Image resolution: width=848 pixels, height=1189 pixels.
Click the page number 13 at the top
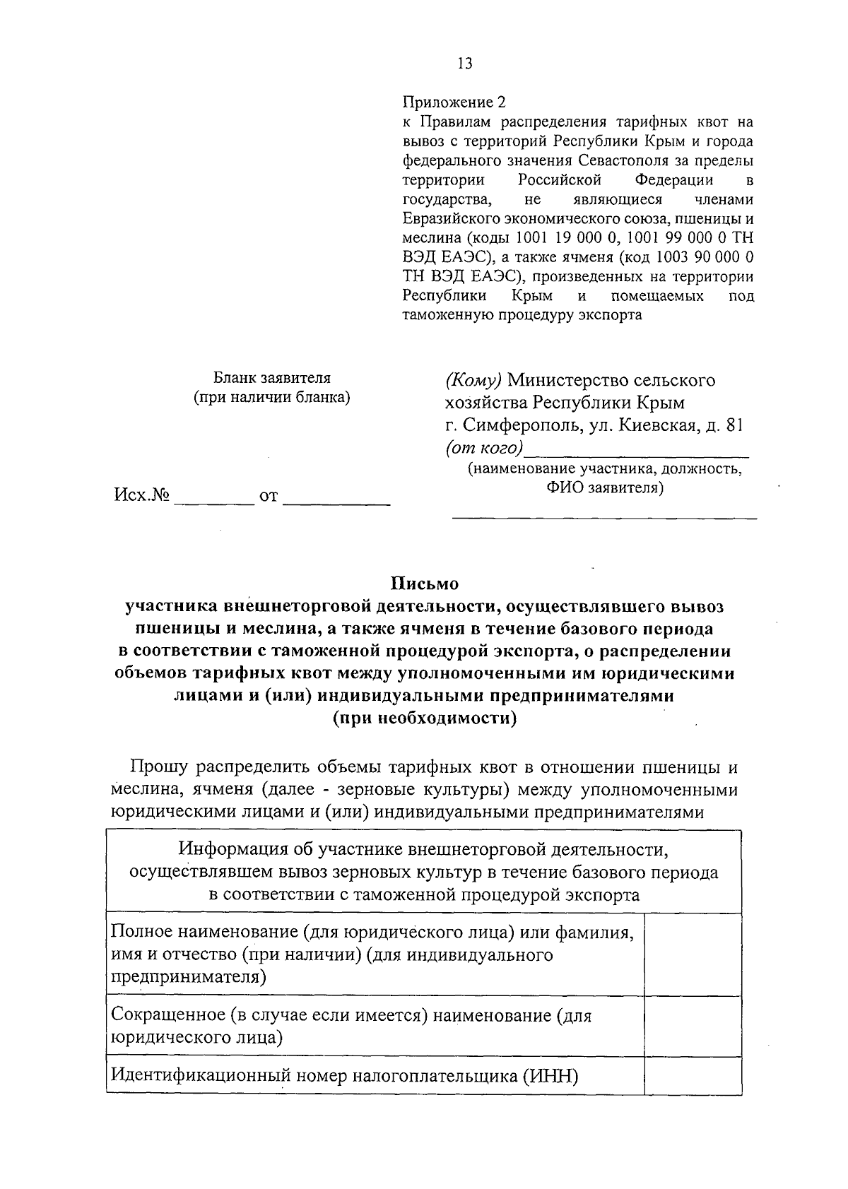[x=464, y=64]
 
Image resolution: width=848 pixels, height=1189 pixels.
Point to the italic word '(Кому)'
[x=473, y=381]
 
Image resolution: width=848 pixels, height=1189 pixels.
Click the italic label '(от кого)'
[x=485, y=448]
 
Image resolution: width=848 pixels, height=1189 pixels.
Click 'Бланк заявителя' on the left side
[x=272, y=378]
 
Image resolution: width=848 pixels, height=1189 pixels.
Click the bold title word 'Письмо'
[x=425, y=584]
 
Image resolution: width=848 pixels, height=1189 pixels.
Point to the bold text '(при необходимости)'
[x=425, y=719]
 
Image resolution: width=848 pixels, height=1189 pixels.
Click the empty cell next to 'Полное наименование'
[x=693, y=954]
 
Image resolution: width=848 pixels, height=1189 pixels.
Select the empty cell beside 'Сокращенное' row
[x=693, y=1026]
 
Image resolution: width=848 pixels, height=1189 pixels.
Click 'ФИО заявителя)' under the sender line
[x=604, y=488]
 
